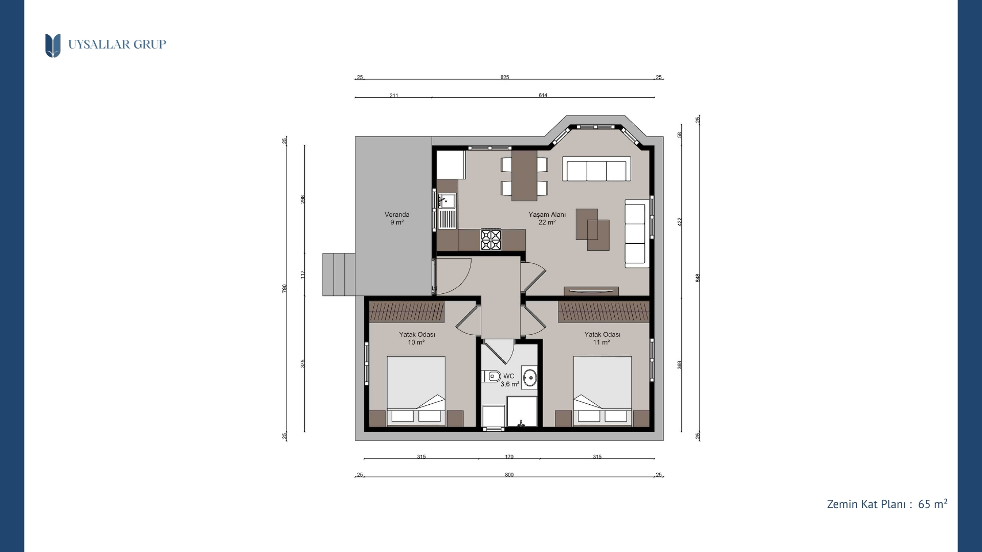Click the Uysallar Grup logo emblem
pos(53,45)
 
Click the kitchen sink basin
pos(447,200)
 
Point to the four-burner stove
pos(490,239)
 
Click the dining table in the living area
pos(524,175)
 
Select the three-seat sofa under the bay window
pos(596,169)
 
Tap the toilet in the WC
pos(492,377)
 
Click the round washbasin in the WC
pos(530,378)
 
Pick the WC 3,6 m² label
pos(509,380)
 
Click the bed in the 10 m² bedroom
pos(416,390)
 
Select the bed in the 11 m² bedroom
pos(602,390)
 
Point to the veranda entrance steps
pos(339,274)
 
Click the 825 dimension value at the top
pos(505,77)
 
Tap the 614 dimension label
pos(543,95)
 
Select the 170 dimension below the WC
pos(509,457)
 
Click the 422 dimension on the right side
pos(680,222)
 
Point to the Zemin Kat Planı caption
pos(887,504)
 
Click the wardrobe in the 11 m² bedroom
pos(604,311)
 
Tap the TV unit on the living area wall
pos(591,291)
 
